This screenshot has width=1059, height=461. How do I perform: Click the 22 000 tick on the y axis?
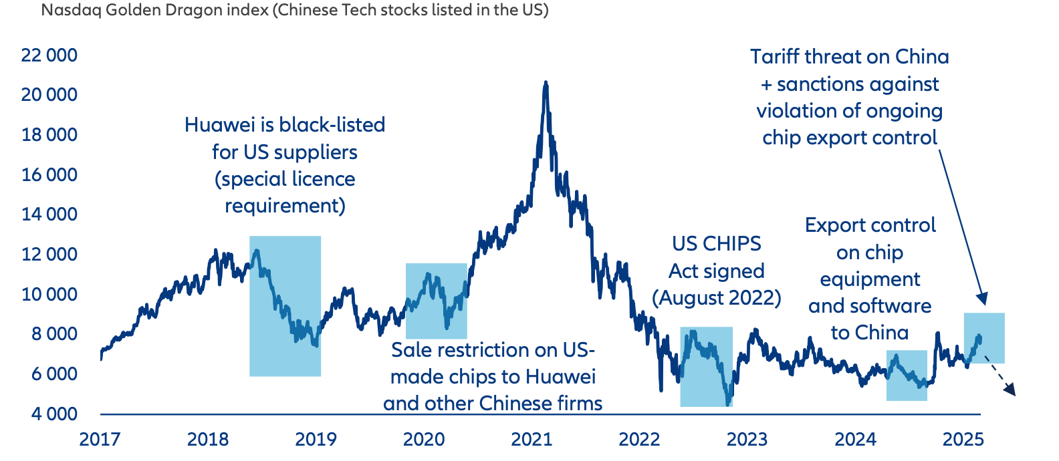tap(49, 55)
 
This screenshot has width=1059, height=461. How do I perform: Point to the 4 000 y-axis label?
tap(53, 414)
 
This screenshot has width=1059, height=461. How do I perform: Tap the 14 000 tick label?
tap(49, 214)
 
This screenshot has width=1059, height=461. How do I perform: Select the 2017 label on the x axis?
tap(100, 439)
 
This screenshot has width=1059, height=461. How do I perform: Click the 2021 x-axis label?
tap(532, 439)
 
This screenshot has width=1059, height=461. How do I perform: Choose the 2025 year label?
tap(963, 439)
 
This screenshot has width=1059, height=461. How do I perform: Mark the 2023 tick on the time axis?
tap(747, 439)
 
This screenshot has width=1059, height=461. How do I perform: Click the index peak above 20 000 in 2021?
tap(546, 84)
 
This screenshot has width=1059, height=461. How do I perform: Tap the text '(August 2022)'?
tap(717, 297)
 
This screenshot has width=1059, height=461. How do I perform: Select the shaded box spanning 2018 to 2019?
tap(285, 306)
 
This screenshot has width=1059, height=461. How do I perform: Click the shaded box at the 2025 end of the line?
tap(984, 338)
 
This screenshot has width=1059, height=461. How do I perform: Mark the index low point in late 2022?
tap(727, 404)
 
